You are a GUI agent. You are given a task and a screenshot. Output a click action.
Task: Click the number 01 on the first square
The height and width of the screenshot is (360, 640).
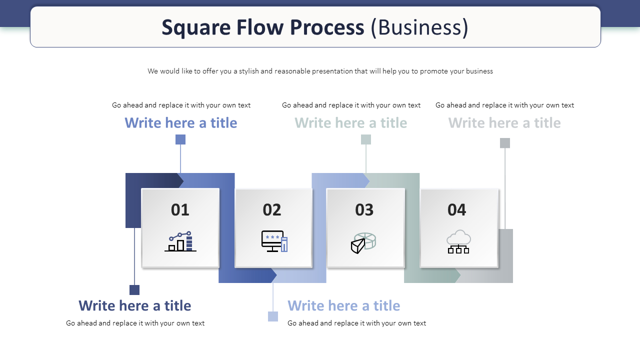click(180, 209)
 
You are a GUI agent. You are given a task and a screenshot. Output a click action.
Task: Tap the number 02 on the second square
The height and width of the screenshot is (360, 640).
click(271, 209)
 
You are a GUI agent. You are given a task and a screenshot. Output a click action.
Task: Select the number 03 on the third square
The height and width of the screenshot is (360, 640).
click(364, 209)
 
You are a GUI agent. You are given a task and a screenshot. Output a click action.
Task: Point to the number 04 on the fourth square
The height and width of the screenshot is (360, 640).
click(456, 209)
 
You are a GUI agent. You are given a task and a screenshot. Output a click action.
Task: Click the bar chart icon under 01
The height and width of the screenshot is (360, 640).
click(180, 241)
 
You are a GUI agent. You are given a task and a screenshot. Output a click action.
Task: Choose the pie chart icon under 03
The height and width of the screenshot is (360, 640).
click(363, 243)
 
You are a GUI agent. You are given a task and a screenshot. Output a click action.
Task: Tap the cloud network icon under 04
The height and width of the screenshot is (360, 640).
click(458, 241)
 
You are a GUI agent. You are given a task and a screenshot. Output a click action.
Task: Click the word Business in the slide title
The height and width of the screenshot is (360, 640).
click(419, 27)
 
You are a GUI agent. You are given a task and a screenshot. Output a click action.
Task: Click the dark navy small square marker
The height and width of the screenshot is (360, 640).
click(134, 289)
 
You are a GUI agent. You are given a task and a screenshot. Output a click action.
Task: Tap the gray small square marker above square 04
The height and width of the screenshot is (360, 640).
click(505, 143)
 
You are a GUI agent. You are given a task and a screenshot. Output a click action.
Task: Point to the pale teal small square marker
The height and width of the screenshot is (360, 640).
click(366, 139)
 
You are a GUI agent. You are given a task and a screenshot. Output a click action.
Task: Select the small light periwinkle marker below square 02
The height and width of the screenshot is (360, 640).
click(273, 316)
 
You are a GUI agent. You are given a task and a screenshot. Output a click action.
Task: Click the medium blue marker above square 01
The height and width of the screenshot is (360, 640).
click(180, 139)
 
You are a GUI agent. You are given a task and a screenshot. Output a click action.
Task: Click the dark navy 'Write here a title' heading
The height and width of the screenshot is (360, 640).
click(135, 305)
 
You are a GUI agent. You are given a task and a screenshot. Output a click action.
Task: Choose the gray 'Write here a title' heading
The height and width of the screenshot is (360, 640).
click(504, 123)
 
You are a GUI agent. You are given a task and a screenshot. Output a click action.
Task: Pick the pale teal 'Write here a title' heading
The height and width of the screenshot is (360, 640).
click(351, 123)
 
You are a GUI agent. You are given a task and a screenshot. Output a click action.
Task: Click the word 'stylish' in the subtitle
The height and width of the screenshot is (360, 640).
click(248, 71)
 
